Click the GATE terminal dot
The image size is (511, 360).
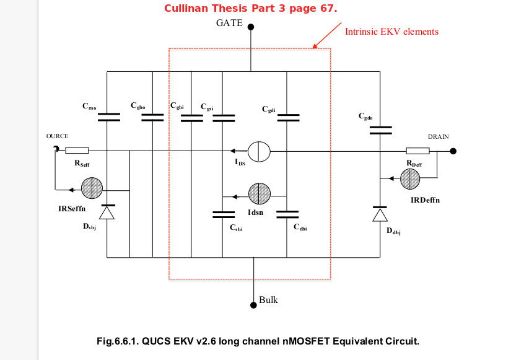(251, 27)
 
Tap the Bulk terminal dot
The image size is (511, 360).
(253, 304)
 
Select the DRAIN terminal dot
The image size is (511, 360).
(453, 151)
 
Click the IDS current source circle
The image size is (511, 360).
(258, 151)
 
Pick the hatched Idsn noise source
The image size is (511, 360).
(258, 194)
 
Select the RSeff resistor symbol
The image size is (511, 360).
(77, 150)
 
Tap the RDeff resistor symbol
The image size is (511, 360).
(417, 151)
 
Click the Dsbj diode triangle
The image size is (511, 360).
(107, 213)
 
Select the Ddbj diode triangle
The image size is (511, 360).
(380, 214)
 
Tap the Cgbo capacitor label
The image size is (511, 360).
(138, 106)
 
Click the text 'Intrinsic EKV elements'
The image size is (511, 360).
(391, 32)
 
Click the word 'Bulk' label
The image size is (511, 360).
(268, 300)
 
